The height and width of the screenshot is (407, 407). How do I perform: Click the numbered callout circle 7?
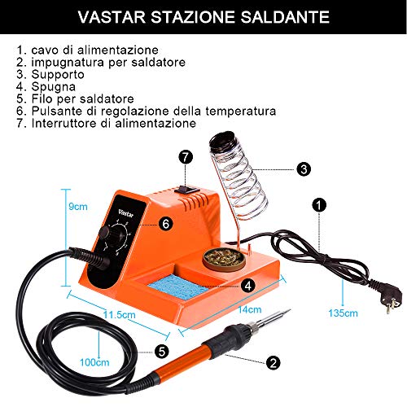point(186,157)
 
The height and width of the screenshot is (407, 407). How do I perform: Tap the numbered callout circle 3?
point(304,169)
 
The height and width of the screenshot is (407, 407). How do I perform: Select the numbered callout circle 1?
point(319,205)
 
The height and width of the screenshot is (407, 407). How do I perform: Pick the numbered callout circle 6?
point(166,224)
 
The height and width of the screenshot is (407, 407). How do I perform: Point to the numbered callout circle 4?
point(248,286)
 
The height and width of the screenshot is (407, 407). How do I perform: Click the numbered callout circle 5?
point(162,352)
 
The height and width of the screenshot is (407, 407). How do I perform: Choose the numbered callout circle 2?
point(273,362)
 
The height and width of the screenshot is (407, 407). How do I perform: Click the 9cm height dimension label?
point(78,207)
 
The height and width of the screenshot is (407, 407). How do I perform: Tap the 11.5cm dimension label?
point(120,315)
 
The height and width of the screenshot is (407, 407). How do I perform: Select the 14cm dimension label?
point(250,309)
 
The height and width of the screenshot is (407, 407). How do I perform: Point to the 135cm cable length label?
point(343,313)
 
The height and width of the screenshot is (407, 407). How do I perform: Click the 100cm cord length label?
point(94,362)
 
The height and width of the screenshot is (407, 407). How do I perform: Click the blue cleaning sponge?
point(177,287)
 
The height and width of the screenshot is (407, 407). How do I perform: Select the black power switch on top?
point(186,189)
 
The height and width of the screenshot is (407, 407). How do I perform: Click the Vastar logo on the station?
point(126,213)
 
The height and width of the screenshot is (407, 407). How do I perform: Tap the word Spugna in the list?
point(54,87)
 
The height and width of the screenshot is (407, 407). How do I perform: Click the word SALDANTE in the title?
point(285,17)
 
